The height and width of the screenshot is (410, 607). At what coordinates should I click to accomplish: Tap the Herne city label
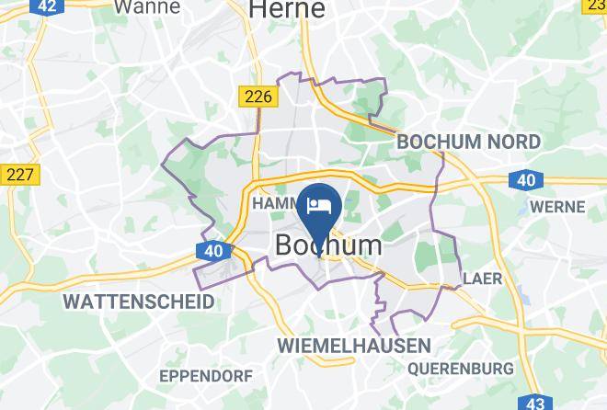[x=287, y=9]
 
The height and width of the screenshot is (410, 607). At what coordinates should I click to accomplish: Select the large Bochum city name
[x=328, y=245]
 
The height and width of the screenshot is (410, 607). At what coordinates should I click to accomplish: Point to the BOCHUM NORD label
[x=468, y=142]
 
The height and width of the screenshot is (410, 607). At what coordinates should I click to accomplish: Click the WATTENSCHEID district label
[x=138, y=302]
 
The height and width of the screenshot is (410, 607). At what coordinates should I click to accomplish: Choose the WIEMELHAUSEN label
[x=354, y=346]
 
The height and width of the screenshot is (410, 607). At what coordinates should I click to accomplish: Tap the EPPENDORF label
[x=206, y=376]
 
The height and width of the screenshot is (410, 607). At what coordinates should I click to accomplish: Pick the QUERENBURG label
[x=460, y=369]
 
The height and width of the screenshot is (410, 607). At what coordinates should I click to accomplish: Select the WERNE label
[x=557, y=207]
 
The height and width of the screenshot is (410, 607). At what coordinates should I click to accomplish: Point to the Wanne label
[x=147, y=7]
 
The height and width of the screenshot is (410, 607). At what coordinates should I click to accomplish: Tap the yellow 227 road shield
[x=19, y=175]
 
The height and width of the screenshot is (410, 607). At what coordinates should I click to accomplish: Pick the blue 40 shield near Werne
[x=525, y=180]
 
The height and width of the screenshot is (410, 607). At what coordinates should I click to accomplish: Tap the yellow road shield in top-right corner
[x=595, y=6]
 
